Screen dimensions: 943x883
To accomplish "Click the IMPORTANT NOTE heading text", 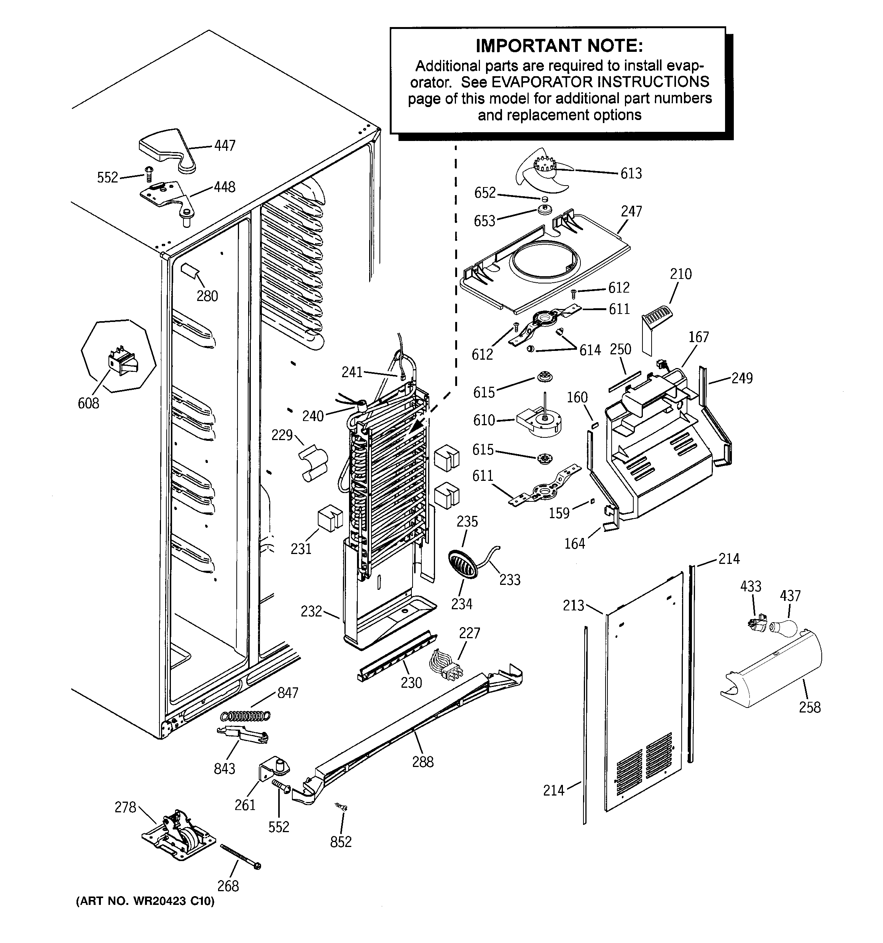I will click(x=559, y=46).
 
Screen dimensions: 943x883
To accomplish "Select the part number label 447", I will click(x=225, y=145).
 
